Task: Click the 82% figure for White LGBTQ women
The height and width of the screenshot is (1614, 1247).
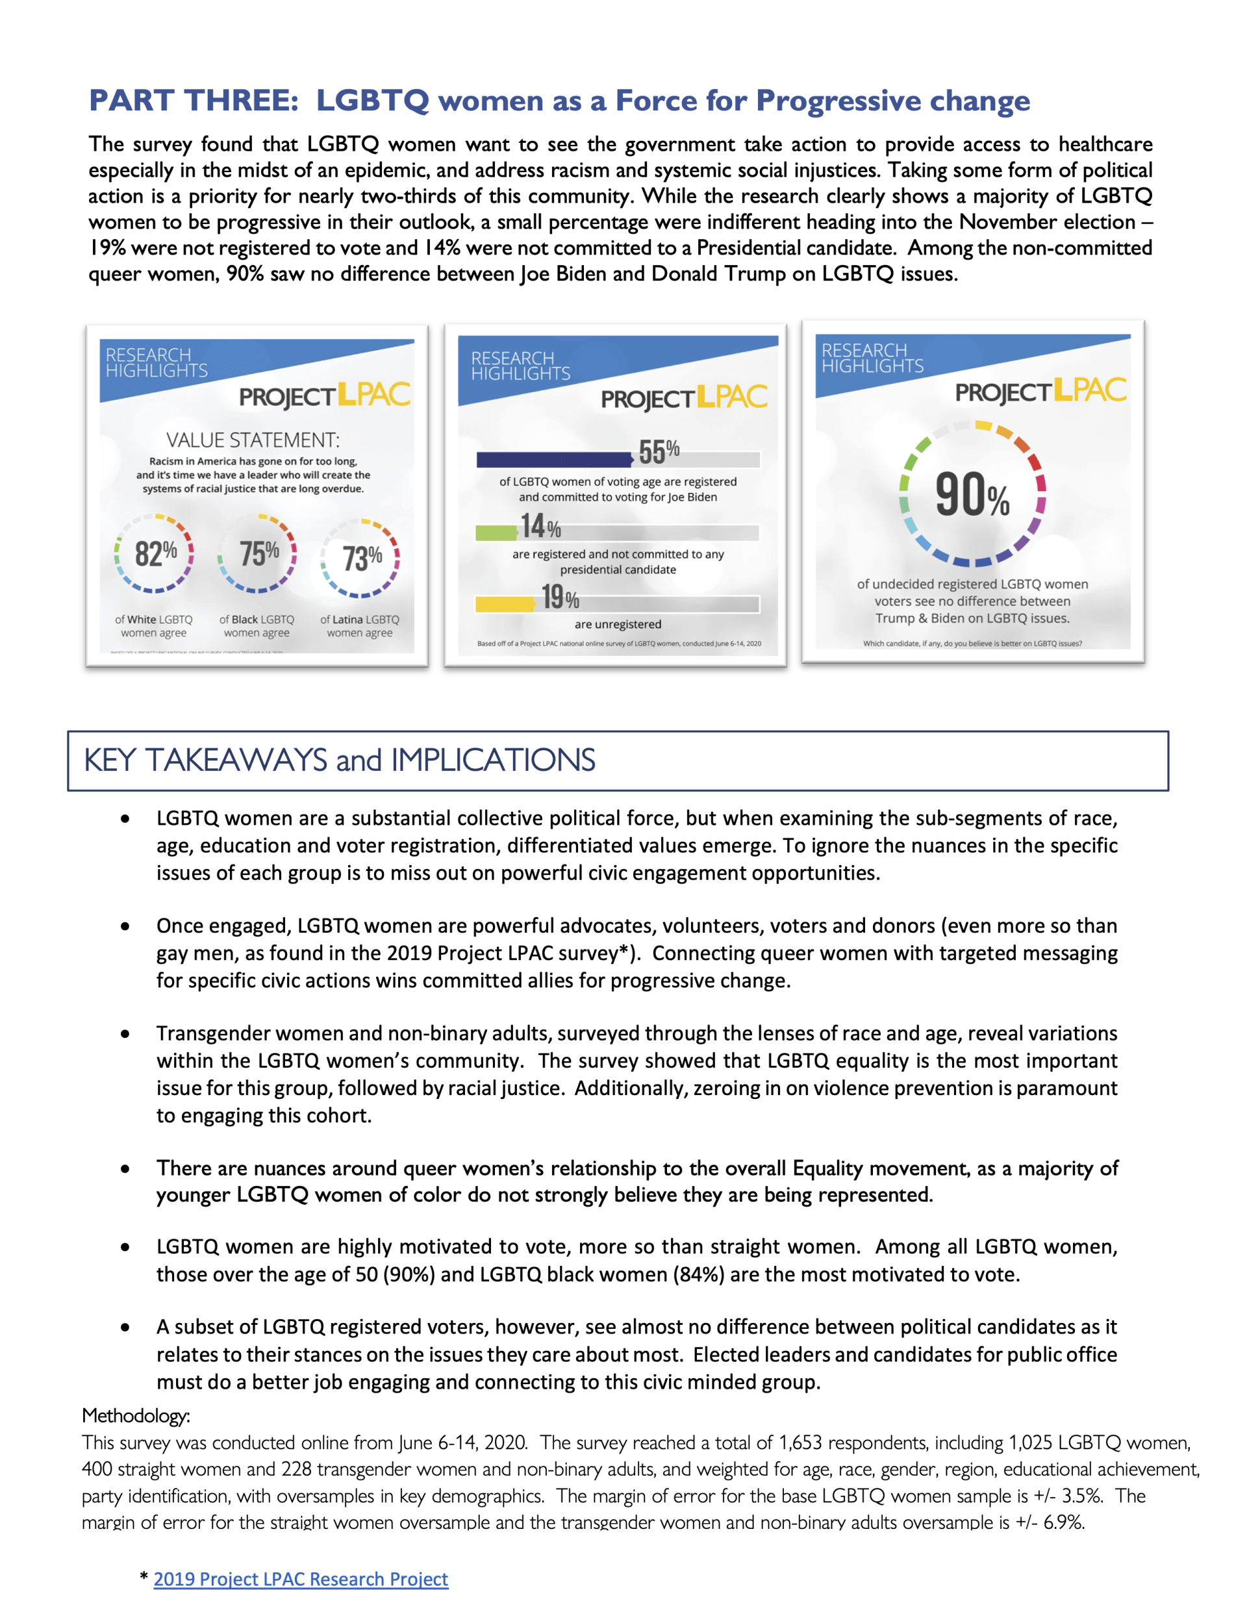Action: pos(155,553)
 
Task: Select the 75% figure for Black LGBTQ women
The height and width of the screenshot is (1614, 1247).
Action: pos(258,553)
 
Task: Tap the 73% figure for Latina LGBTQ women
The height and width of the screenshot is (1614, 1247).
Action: pos(362,557)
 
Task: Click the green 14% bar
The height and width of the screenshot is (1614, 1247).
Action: pos(496,532)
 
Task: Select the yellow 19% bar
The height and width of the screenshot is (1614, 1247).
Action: pos(505,604)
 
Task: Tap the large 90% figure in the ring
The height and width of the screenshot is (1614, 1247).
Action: pos(971,495)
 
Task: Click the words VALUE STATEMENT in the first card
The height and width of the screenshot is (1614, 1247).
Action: pos(253,440)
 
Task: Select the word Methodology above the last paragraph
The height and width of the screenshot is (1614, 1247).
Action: pos(136,1415)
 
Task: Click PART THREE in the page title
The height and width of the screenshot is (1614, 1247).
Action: pos(194,101)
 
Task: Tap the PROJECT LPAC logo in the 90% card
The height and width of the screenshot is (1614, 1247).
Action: pos(1040,391)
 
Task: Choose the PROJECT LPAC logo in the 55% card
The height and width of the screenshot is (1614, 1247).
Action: pos(684,397)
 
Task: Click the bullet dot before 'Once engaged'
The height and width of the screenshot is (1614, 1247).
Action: pos(125,926)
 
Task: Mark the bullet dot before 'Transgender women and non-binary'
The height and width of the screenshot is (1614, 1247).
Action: pos(125,1034)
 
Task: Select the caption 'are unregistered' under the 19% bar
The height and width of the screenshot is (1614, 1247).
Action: pos(618,624)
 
